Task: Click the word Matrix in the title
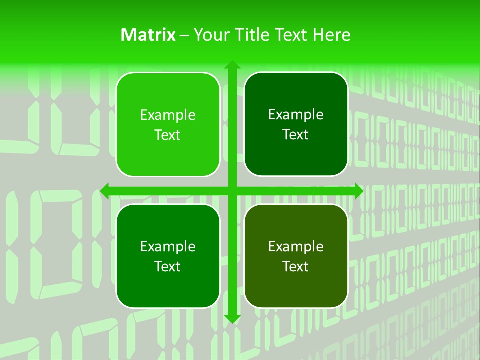tap(148, 35)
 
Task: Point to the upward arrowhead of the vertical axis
tap(232, 65)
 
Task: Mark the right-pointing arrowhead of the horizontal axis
tap(358, 191)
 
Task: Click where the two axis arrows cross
tap(232, 191)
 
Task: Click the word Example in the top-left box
tap(168, 115)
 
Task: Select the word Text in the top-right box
tap(296, 135)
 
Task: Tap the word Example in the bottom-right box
tap(296, 246)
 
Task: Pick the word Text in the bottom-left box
tap(168, 266)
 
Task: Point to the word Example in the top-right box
tap(296, 115)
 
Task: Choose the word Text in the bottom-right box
tap(296, 266)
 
